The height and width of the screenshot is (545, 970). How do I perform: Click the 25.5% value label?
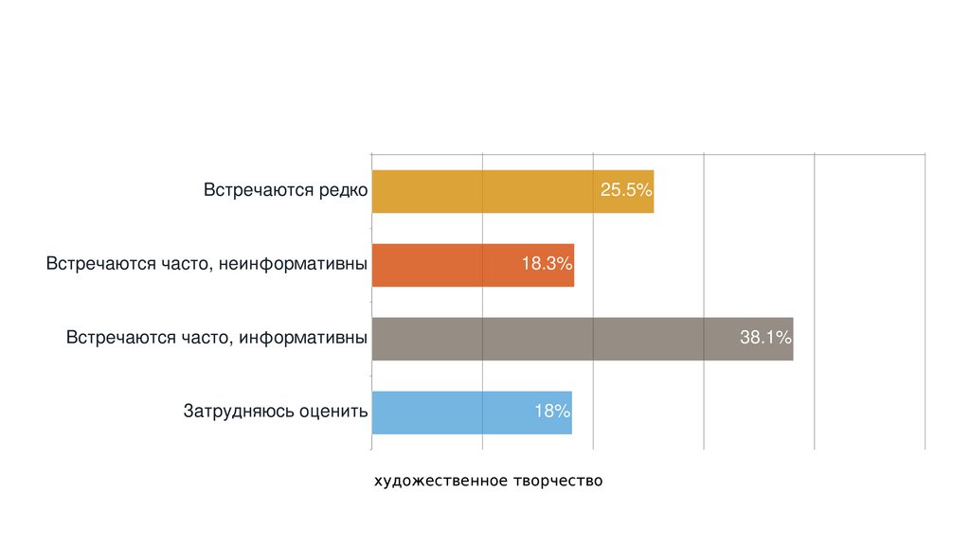[x=626, y=191]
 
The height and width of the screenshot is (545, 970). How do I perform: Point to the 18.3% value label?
[x=547, y=265]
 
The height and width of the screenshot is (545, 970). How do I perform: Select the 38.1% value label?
[x=765, y=339]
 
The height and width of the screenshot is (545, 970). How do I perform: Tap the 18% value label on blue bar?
[x=550, y=413]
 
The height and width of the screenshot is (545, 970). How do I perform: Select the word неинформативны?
[x=294, y=265]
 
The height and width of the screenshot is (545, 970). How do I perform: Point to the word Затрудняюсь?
[x=238, y=413]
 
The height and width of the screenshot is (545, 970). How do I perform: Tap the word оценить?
[x=332, y=413]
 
